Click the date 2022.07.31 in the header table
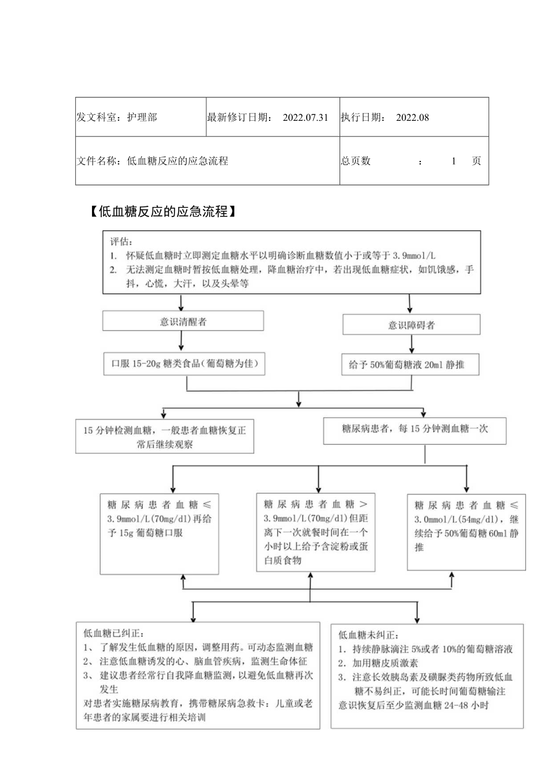306,117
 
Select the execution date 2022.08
412,117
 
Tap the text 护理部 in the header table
142,117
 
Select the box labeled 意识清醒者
183,321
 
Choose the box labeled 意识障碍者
411,325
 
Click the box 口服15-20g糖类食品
183,364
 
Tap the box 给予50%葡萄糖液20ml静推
411,364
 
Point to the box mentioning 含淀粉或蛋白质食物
316,531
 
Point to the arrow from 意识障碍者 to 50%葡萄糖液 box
411,344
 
